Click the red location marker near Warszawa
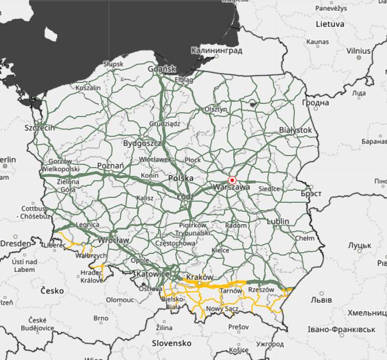232,180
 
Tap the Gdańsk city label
161,69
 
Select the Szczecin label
40,128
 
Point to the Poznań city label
110,165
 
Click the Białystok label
295,130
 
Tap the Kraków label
200,277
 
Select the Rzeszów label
261,290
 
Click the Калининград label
217,51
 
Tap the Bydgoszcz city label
142,143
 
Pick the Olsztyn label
216,109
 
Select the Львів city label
321,300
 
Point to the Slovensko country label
172,343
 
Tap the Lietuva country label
329,24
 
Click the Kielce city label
220,250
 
